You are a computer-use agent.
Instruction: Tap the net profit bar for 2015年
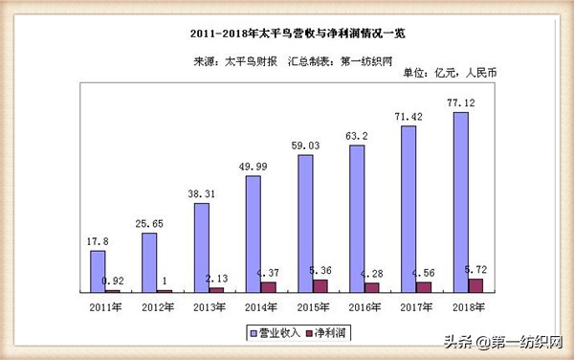coord(320,285)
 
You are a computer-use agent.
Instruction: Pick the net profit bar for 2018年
coord(476,284)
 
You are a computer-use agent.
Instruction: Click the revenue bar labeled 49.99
coord(254,234)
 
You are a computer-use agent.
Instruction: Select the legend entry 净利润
coord(329,331)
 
